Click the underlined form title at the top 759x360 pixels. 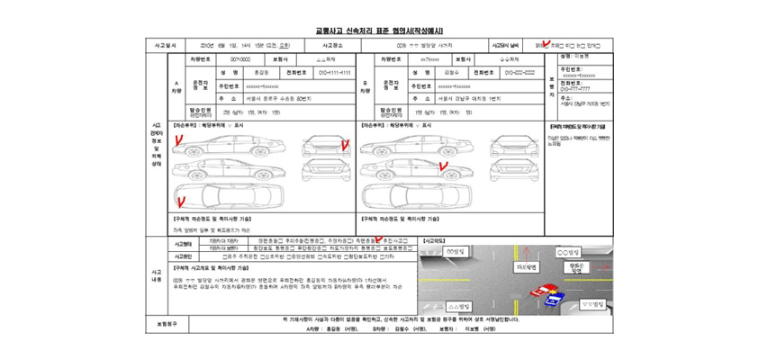(x=379, y=31)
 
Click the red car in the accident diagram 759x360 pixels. (x=541, y=290)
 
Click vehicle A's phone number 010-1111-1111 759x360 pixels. (x=327, y=71)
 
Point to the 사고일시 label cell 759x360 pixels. (x=165, y=44)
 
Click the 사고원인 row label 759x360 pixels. (x=185, y=256)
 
